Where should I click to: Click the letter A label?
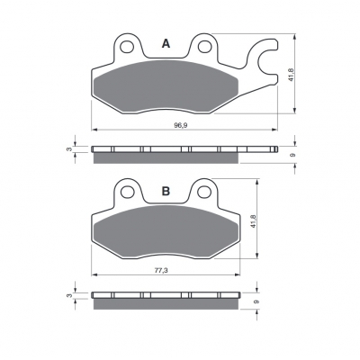point(166,44)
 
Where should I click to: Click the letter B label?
point(166,191)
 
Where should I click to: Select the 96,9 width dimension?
point(181,125)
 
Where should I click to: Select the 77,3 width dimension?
point(161,270)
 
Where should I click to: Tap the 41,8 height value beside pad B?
point(254,220)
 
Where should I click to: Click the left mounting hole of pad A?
point(127,47)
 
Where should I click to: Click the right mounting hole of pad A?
point(204,47)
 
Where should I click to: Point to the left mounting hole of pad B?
point(127,192)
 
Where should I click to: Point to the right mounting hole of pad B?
point(204,192)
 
